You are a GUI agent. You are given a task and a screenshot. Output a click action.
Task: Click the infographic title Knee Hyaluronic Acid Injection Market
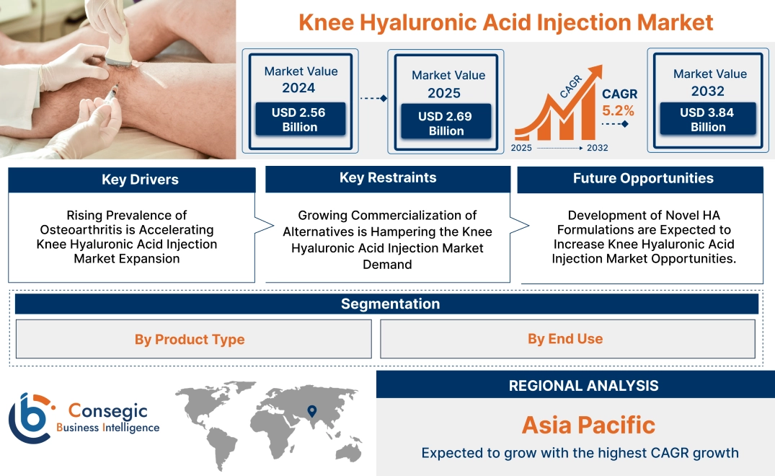click(x=505, y=22)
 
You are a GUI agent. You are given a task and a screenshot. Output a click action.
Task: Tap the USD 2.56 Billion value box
click(x=299, y=120)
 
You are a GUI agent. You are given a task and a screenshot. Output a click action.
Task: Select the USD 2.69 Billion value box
click(x=446, y=123)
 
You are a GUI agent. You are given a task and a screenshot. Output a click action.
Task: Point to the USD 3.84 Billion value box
click(x=708, y=120)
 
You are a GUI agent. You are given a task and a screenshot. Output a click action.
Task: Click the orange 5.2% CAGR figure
click(x=619, y=110)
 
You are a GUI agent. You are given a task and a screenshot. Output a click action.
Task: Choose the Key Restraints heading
click(x=388, y=178)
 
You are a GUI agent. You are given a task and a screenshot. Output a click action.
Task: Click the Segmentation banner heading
click(x=390, y=304)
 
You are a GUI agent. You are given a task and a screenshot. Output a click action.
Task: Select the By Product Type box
click(x=190, y=339)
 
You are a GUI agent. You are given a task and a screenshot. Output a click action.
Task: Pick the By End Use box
click(x=565, y=338)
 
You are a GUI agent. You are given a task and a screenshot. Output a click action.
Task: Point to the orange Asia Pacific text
click(x=588, y=425)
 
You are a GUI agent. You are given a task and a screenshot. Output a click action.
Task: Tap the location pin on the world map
click(x=311, y=411)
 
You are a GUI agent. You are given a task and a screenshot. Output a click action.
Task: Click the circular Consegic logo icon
click(x=32, y=418)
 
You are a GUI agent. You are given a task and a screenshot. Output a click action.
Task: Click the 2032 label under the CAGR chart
click(x=597, y=148)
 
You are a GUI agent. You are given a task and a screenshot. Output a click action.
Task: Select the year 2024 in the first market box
click(x=298, y=88)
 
